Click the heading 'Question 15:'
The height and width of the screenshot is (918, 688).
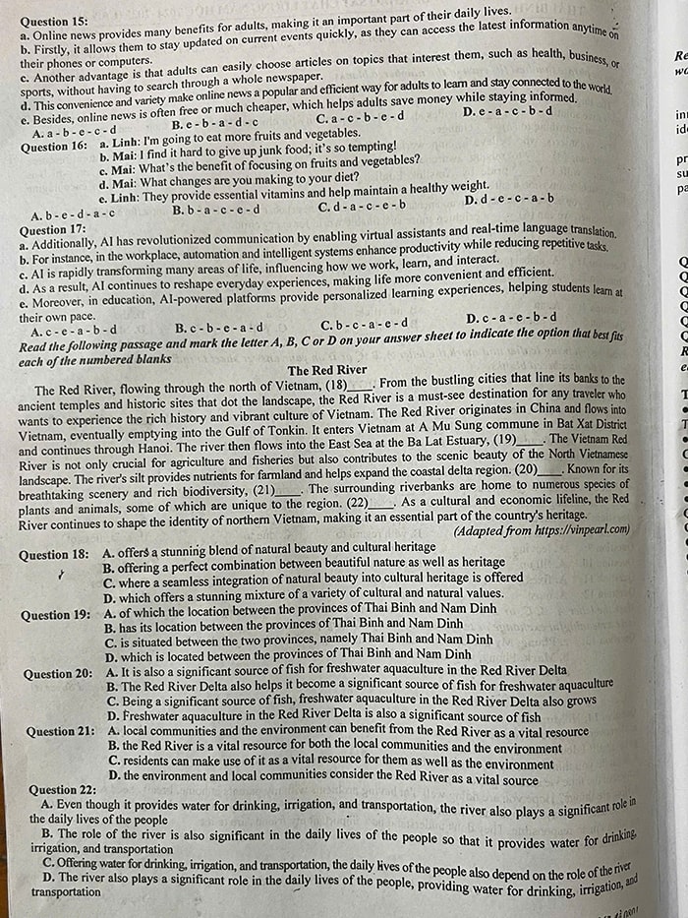coord(54,20)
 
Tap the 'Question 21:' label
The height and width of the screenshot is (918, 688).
coord(61,732)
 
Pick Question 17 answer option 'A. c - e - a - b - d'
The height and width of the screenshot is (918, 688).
coord(75,331)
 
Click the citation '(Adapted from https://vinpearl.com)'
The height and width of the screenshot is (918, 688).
coord(541,530)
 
